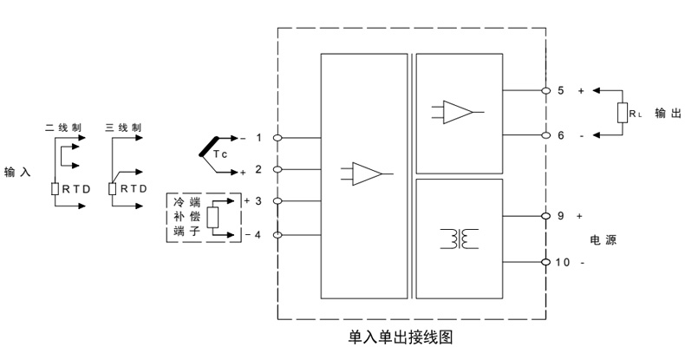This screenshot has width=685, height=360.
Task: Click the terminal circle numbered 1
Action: [x=277, y=138]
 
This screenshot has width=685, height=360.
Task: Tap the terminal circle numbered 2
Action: [x=277, y=169]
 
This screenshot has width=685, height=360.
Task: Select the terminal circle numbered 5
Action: [x=545, y=90]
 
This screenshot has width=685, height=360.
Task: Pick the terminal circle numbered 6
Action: [x=545, y=134]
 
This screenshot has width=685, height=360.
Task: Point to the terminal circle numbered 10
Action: [x=545, y=261]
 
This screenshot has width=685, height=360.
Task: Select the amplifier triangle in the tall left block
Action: [x=367, y=173]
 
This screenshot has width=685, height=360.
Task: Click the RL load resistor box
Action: [x=623, y=113]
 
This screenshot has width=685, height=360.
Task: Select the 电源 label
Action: [x=602, y=238]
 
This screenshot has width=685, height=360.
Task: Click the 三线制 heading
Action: [x=123, y=127]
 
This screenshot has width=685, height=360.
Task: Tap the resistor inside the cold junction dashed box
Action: [x=215, y=218]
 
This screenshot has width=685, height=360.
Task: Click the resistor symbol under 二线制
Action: [x=54, y=188]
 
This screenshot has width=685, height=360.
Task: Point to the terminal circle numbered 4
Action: [x=277, y=235]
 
